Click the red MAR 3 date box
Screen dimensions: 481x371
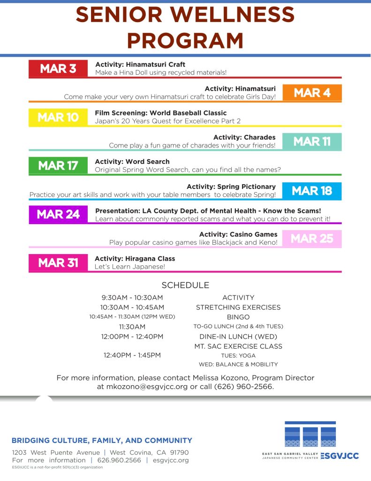coord(58,69)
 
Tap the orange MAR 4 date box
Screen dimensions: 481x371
coord(312,93)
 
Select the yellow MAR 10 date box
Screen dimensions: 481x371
coord(58,117)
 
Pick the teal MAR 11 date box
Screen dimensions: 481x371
coord(312,141)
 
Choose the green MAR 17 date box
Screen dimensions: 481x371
coord(58,166)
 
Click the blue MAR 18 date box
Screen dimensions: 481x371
coord(312,191)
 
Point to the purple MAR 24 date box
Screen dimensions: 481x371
coord(58,214)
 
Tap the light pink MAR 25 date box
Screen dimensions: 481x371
coord(312,239)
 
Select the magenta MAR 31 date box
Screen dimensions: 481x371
coord(58,263)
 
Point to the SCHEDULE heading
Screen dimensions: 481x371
coord(185,285)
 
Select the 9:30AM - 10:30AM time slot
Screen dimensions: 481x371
coord(132,297)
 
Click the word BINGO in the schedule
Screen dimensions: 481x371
coord(238,317)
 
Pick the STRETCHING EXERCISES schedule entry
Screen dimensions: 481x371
coord(238,307)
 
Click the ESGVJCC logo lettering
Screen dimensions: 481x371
coord(340,456)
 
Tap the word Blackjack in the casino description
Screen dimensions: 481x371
coord(223,242)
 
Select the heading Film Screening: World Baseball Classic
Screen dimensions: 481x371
coord(161,113)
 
